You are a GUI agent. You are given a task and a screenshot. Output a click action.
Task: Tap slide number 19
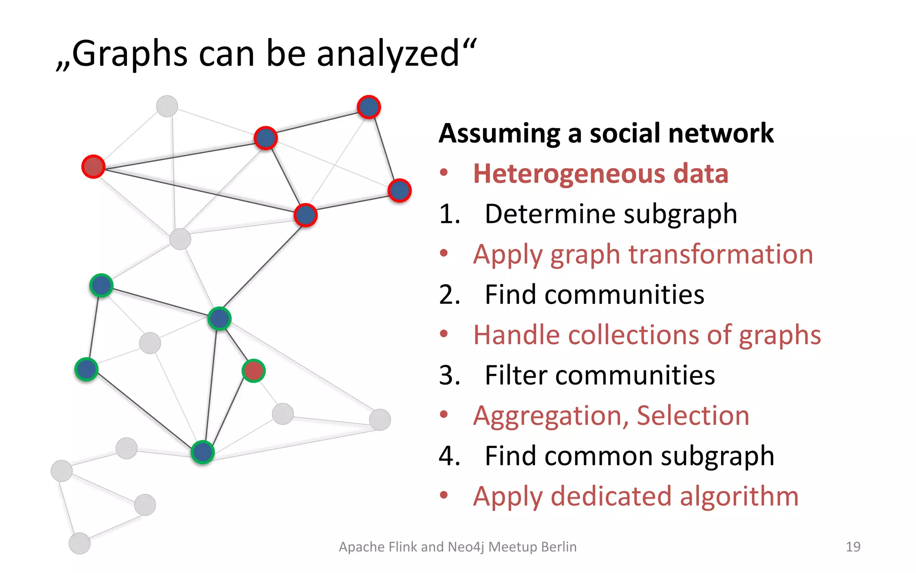tap(853, 547)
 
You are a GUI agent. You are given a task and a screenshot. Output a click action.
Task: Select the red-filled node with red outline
tap(93, 167)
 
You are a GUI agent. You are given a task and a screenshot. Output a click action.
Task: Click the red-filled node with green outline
tap(254, 371)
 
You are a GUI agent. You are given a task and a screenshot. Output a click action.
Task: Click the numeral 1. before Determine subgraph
tap(450, 214)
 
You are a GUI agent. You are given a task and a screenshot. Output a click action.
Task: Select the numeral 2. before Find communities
tap(450, 295)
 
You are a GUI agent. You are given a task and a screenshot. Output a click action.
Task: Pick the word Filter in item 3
tap(516, 375)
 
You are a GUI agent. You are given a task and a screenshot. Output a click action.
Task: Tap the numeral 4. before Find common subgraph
tap(450, 456)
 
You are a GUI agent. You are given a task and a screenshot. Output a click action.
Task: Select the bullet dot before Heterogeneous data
tap(444, 173)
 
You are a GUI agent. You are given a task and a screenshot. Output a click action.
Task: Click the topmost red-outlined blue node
tap(369, 107)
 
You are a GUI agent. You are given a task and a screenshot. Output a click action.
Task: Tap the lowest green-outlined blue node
tap(203, 452)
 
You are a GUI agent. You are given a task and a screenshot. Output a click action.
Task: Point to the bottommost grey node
tap(80, 543)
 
